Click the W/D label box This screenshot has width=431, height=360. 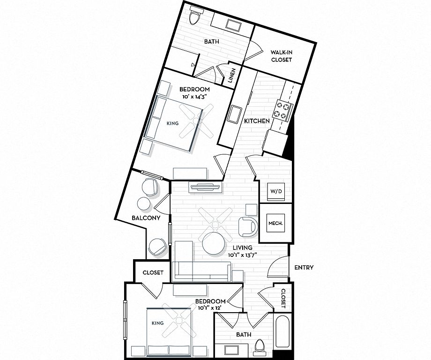[276, 191]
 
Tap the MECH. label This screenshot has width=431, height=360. [275, 223]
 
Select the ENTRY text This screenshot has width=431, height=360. [304, 267]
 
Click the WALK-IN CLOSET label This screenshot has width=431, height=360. [281, 56]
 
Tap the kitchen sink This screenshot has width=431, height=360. [234, 115]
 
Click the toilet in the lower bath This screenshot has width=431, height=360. [260, 346]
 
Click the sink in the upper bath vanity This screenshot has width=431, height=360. [234, 25]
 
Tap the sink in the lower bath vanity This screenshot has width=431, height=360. [232, 351]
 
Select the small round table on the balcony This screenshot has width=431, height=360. [144, 204]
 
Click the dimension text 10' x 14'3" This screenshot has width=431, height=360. [194, 96]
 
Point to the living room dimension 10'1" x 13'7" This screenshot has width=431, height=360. [242, 255]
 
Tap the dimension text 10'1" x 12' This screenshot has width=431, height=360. [210, 308]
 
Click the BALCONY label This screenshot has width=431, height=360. [146, 218]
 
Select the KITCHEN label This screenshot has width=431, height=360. [257, 121]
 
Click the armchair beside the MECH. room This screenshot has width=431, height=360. [248, 227]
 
